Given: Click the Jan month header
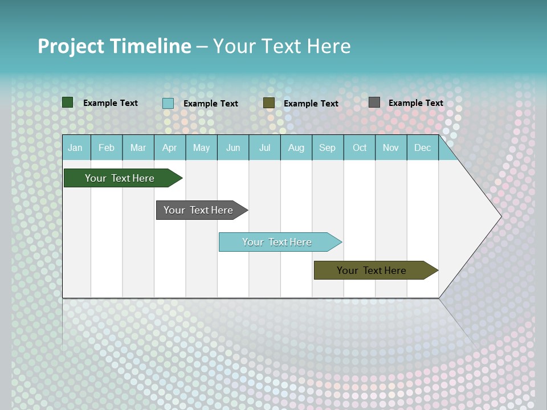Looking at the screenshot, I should (75, 148).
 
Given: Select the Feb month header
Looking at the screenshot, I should (107, 148).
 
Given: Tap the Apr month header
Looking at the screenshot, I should (170, 148).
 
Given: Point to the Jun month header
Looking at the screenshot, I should (233, 148).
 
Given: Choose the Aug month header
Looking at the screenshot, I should (296, 148).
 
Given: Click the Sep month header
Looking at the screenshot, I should (328, 148).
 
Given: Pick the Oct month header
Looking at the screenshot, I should (360, 148).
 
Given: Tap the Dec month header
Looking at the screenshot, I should (423, 148).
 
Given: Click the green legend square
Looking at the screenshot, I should (67, 102).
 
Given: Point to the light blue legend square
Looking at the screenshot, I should (168, 103).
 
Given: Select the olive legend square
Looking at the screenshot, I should (269, 102).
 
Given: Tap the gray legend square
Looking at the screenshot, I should (374, 102).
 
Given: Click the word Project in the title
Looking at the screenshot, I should (71, 46).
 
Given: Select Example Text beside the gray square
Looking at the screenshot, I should (416, 103).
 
